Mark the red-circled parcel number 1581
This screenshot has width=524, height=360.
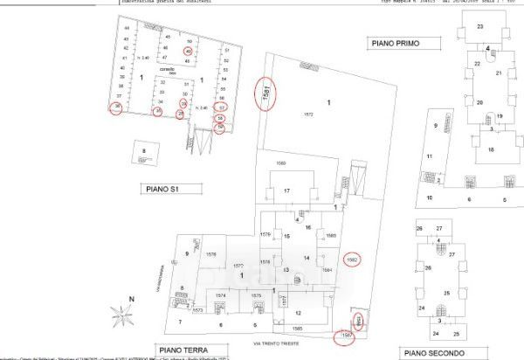pyautogui.click(x=267, y=94)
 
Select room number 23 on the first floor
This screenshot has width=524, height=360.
pyautogui.click(x=480, y=27)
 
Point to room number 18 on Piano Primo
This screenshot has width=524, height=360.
pyautogui.click(x=491, y=150)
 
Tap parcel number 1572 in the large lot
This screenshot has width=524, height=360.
pyautogui.click(x=307, y=115)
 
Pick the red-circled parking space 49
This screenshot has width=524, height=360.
pyautogui.click(x=189, y=52)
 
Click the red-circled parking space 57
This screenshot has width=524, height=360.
pyautogui.click(x=222, y=107)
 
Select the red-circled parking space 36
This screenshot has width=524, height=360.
pyautogui.click(x=118, y=107)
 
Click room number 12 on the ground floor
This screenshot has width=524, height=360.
pyautogui.click(x=298, y=313)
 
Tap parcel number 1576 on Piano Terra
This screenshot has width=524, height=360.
pyautogui.click(x=210, y=253)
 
